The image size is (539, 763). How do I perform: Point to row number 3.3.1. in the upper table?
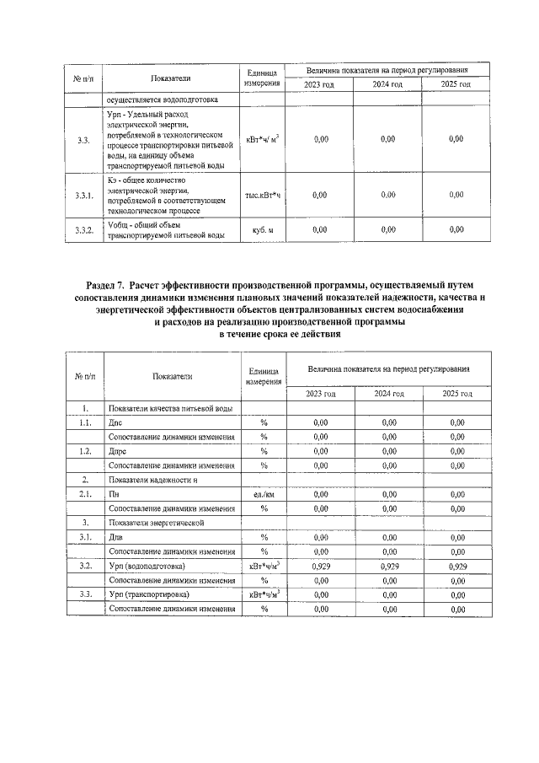tap(83, 195)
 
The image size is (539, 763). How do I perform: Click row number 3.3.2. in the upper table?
tap(83, 229)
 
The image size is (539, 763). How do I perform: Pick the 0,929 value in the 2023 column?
tap(320, 565)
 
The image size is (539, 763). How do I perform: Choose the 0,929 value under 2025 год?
tap(456, 565)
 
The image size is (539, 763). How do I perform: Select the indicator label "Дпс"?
tap(116, 422)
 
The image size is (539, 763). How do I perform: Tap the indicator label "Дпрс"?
tap(118, 451)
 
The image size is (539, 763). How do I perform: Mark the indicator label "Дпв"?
tap(116, 536)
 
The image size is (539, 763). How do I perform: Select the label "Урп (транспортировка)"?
tap(149, 594)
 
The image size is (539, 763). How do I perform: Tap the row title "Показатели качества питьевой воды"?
tap(171, 408)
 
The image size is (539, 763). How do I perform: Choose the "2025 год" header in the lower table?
tap(456, 393)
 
